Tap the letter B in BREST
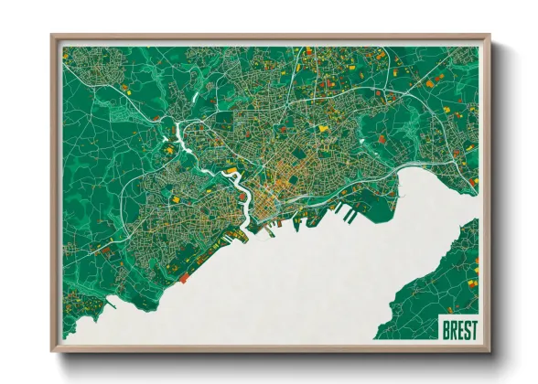point(445,329)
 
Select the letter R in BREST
point(452,329)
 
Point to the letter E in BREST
point(458,329)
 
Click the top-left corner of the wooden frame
point(52,36)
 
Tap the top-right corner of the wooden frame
point(490,36)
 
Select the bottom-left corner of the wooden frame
point(52,352)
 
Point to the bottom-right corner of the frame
point(490,352)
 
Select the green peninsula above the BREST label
point(439,274)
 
